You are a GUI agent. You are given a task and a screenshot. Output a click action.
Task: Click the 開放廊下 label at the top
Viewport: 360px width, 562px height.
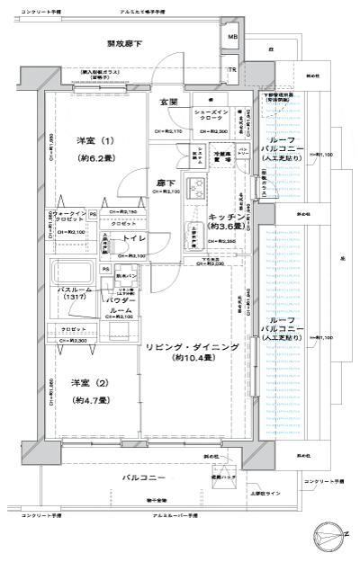[125, 43]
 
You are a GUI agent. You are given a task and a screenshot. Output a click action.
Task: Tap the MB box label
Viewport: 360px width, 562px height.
[232, 38]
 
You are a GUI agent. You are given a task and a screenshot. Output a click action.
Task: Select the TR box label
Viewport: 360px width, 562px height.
[232, 70]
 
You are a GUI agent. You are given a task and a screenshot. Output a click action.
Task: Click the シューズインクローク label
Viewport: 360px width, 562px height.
[211, 116]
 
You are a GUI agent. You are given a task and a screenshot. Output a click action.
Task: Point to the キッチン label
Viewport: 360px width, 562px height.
[222, 218]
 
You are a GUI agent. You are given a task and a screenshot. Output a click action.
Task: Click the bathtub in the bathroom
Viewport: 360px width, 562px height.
[70, 272]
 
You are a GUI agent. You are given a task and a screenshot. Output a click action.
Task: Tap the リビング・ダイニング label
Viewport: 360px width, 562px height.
[193, 346]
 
